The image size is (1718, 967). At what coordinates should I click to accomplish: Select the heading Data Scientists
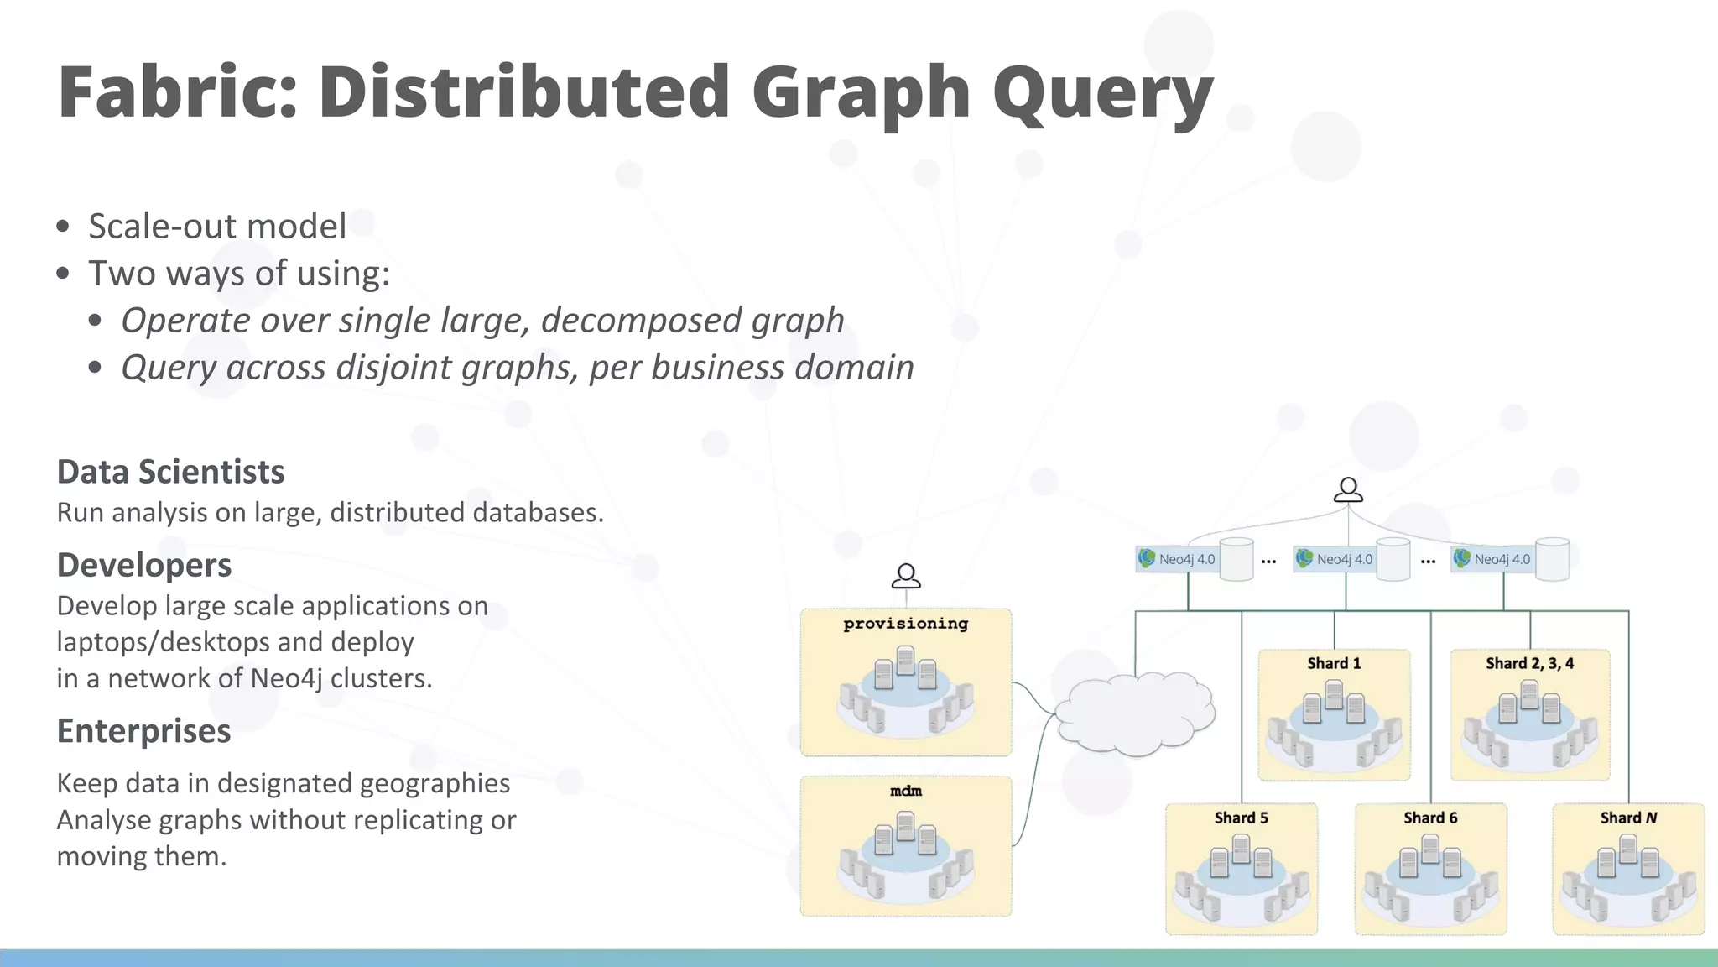(170, 472)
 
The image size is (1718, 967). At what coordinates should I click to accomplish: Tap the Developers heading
(144, 565)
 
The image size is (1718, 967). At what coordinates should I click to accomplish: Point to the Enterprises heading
(143, 730)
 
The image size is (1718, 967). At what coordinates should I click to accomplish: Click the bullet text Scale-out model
(217, 226)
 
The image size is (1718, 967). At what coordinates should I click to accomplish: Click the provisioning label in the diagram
(905, 624)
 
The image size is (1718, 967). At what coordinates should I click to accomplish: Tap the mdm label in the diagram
(905, 791)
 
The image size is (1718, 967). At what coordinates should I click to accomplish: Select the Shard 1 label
(1334, 663)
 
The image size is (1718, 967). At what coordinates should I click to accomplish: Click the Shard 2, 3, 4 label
(1529, 663)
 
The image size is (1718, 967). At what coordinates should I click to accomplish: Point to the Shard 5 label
(1241, 818)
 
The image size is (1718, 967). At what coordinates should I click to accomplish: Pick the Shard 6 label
(1430, 818)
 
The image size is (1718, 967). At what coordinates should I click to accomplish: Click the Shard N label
(1628, 818)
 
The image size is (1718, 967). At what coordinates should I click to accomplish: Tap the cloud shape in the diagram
(1134, 713)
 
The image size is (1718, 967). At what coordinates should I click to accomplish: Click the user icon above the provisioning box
(906, 576)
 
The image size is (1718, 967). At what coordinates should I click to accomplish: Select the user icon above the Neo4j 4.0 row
(1348, 489)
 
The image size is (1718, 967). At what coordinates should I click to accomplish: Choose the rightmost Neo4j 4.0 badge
(1493, 559)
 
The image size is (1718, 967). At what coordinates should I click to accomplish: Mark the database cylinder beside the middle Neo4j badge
(1393, 559)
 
